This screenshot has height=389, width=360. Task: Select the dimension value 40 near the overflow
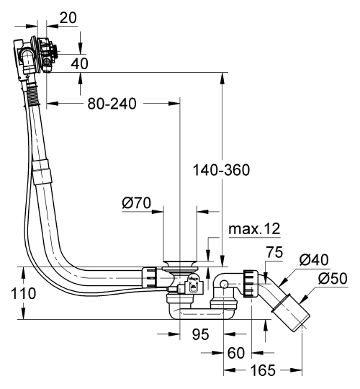click(80, 63)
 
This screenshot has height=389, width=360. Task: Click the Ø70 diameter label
click(136, 204)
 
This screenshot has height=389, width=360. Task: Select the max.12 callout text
click(254, 229)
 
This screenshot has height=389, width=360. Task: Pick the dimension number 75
click(274, 252)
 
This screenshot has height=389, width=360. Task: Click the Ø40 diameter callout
click(315, 260)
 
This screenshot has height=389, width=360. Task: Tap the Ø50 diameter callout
click(334, 278)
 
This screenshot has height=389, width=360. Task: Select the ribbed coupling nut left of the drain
click(149, 277)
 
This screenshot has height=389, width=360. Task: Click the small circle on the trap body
click(225, 285)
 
